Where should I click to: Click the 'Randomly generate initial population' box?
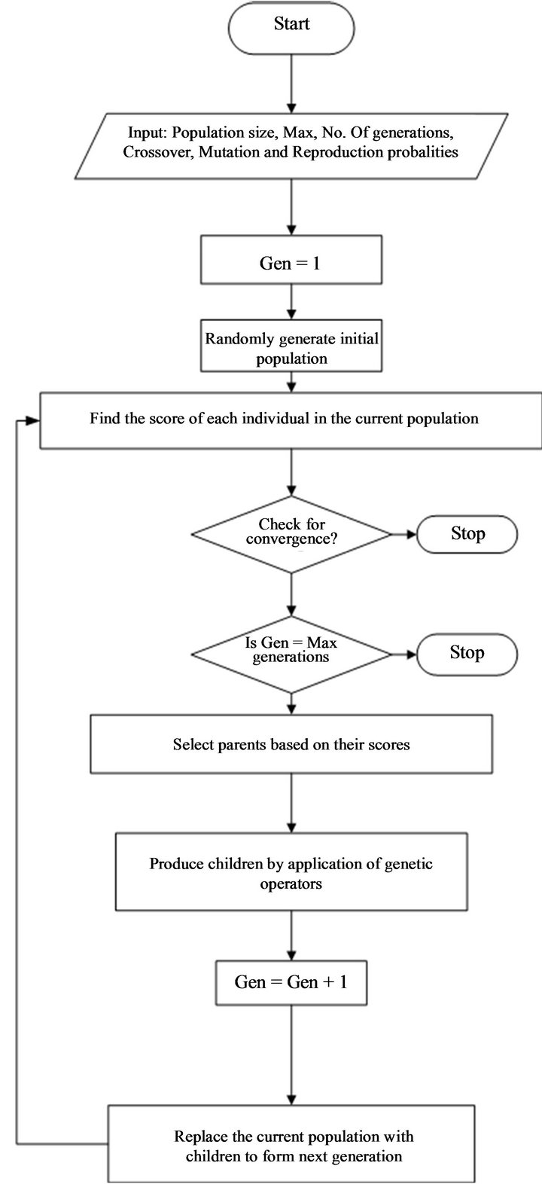point(291,348)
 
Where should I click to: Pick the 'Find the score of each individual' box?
point(290,418)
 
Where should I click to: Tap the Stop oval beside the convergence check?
point(467,534)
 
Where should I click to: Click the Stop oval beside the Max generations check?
point(467,652)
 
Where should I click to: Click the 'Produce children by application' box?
point(291,872)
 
